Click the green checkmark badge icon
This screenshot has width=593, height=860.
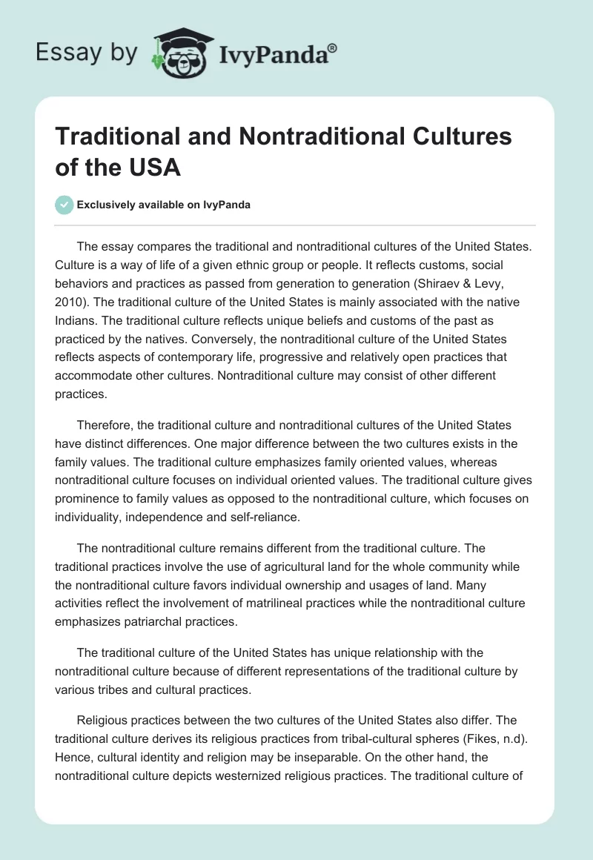click(64, 205)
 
